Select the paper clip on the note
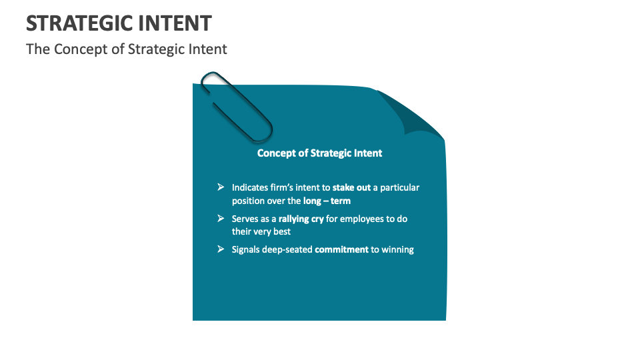tap(236, 106)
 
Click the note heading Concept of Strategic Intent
tap(319, 153)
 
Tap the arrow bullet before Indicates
tap(221, 187)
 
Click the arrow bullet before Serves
tap(221, 218)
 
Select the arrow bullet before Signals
tap(221, 249)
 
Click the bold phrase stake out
tap(351, 188)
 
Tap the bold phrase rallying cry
tap(301, 219)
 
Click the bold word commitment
tap(341, 249)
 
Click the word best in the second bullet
tap(281, 231)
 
